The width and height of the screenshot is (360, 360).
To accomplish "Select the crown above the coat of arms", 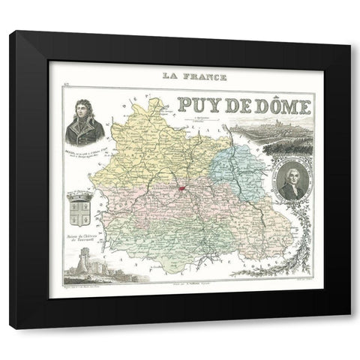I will [79, 193].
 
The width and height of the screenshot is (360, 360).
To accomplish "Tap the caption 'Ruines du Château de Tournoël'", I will [79, 236].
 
